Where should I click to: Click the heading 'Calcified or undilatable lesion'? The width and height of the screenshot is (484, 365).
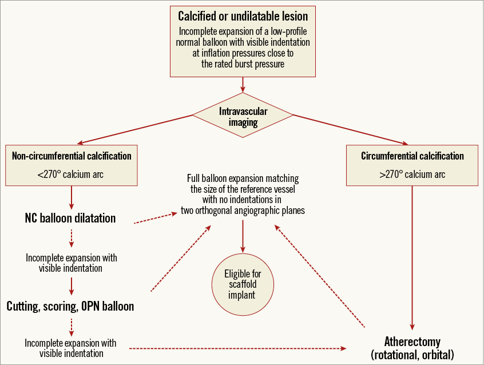coord(243,15)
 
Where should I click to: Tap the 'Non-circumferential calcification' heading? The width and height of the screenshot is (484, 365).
coord(72,156)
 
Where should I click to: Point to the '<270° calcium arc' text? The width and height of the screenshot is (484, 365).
coord(72,174)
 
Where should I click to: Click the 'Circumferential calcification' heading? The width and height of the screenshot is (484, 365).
coord(412,156)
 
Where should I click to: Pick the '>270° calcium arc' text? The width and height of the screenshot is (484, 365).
coord(412,174)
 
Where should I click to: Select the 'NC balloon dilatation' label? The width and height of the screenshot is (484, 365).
coord(70,218)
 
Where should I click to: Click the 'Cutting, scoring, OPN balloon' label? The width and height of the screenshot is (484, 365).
coord(70,306)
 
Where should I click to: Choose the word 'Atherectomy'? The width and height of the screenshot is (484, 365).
coord(412,342)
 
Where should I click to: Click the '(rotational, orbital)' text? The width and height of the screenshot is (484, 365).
coord(412,355)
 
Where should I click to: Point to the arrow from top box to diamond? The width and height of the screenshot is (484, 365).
coord(243,84)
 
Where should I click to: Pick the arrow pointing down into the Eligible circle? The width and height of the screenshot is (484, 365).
coord(243,235)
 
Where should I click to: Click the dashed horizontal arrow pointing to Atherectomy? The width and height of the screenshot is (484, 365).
coord(237,348)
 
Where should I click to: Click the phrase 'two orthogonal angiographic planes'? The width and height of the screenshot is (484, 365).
coord(243,211)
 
